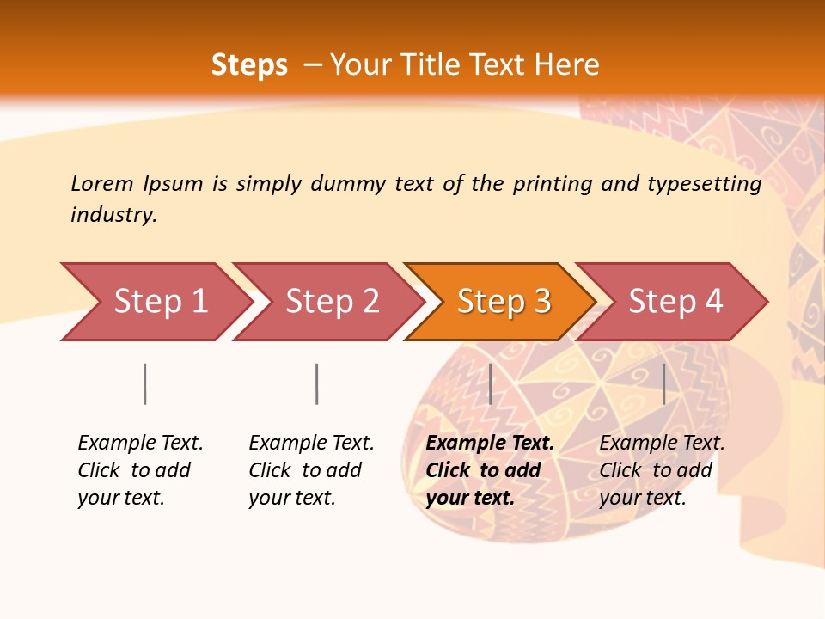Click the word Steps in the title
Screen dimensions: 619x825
click(249, 65)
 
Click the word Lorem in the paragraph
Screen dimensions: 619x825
click(101, 184)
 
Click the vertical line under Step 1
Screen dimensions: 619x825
click(145, 383)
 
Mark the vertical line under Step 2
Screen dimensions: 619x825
click(317, 383)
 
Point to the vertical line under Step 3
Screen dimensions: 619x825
click(490, 383)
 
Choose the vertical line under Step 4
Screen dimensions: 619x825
click(664, 383)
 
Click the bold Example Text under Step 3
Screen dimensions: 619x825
click(490, 444)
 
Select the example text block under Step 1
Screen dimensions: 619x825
click(140, 470)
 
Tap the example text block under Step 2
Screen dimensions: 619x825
click(311, 470)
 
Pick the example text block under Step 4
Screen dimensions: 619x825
click(662, 470)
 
